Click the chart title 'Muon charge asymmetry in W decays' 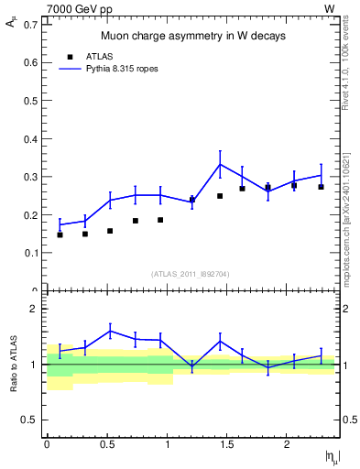192,36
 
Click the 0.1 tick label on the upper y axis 31,252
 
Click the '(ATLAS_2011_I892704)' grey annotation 191,273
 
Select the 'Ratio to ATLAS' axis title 12,365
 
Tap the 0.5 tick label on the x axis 107,443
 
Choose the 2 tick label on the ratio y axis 34,309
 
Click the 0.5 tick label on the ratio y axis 31,420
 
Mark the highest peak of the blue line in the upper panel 220,164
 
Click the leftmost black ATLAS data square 60,234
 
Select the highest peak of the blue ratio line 110,331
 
